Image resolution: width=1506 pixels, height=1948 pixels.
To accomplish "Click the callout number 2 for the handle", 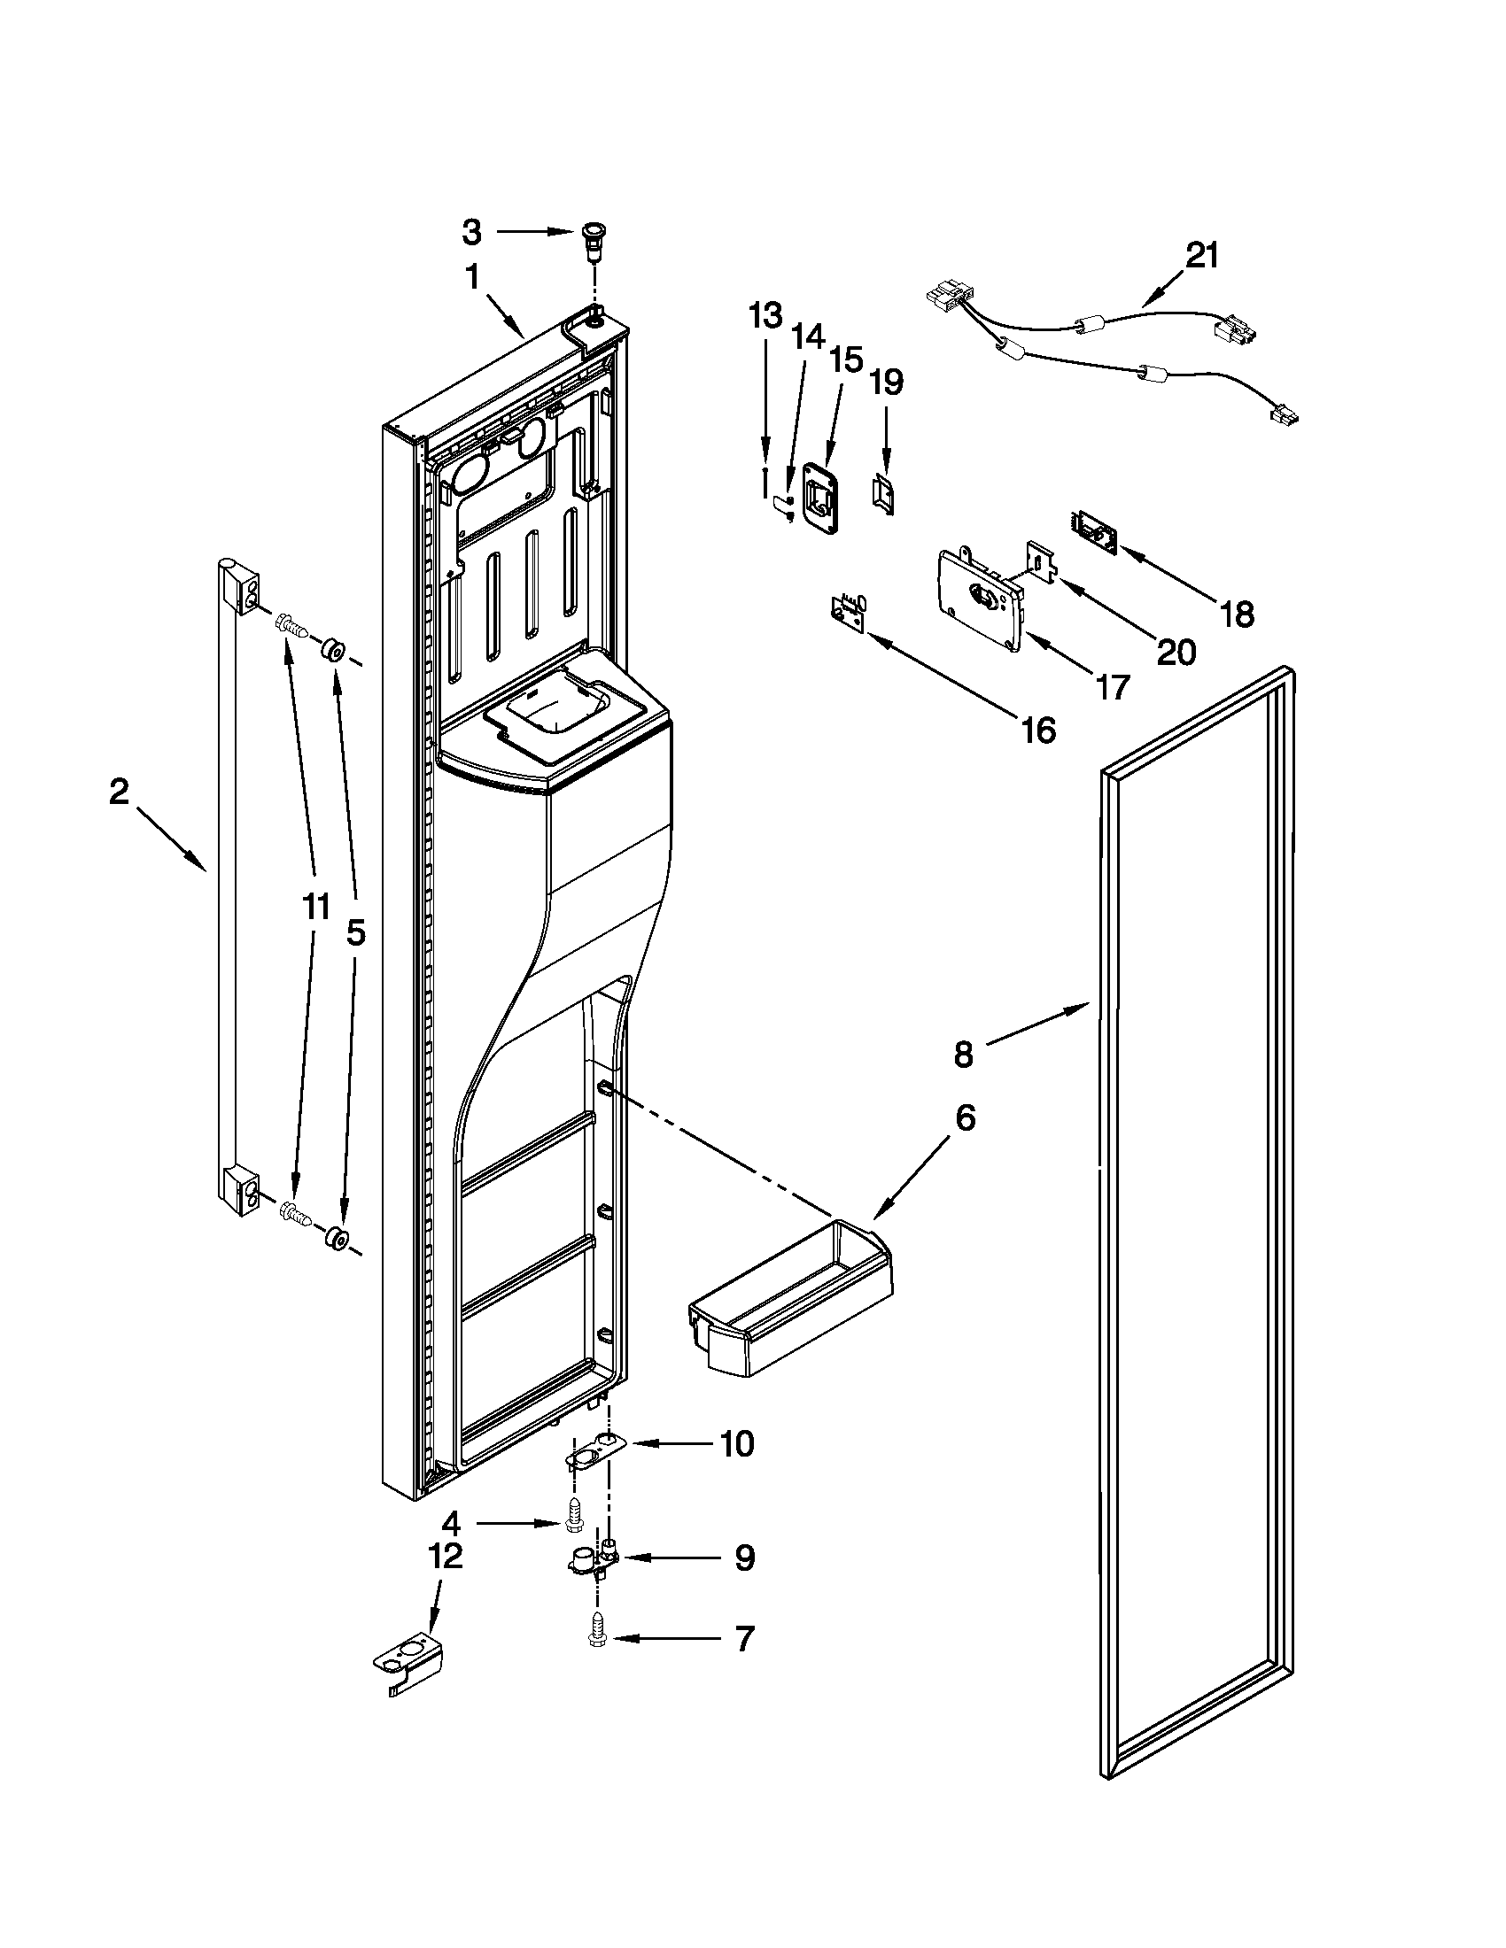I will [119, 792].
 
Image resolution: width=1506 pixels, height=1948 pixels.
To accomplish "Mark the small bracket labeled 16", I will [849, 613].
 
